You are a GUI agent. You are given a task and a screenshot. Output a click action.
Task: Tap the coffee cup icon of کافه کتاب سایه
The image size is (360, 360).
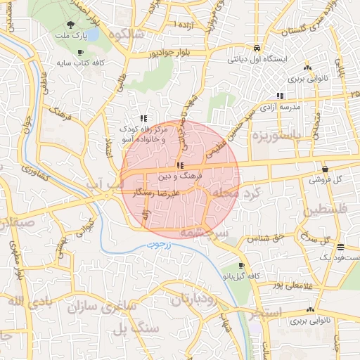(80, 52)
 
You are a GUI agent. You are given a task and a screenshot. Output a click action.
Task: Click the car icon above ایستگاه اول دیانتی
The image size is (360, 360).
(258, 48)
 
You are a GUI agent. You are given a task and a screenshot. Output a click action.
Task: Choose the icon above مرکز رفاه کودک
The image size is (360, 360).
(143, 118)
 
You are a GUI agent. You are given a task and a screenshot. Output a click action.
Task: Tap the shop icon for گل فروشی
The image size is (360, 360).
(325, 169)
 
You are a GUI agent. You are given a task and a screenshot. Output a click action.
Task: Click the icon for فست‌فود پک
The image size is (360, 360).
(340, 246)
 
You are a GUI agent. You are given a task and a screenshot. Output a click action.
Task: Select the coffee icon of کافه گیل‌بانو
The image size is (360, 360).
(242, 266)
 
